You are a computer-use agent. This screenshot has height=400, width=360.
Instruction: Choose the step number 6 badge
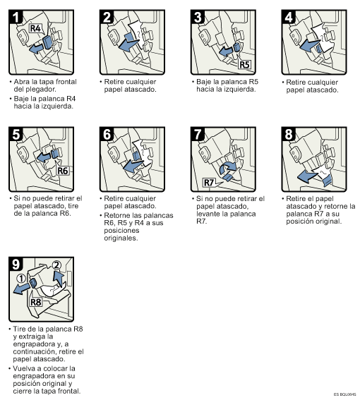pos(108,134)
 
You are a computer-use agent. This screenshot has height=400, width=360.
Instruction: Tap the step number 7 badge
pos(199,134)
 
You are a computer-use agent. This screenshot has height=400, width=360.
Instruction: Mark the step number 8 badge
pos(290,134)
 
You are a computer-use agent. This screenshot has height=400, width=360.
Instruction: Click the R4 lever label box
pos(36,29)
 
